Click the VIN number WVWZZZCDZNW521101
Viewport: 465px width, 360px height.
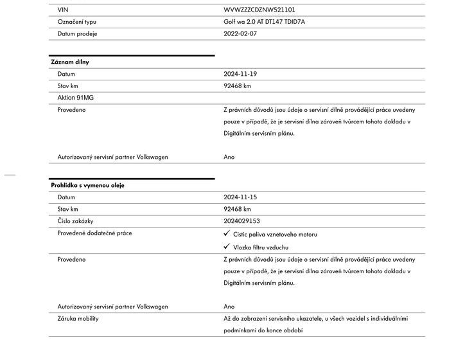[x=259, y=10]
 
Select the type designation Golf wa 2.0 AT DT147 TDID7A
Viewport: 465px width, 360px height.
[x=265, y=22]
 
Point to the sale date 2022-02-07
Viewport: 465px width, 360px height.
[x=240, y=33]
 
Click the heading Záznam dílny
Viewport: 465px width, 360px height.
[x=70, y=62]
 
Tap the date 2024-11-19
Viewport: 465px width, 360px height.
[x=240, y=74]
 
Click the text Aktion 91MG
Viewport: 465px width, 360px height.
[x=75, y=98]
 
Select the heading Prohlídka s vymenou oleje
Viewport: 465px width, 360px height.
[x=88, y=185]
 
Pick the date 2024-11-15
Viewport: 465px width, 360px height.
[x=240, y=197]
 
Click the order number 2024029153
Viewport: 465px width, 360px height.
[x=242, y=221]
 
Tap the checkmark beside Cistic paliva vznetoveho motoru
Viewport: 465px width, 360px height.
[x=227, y=234]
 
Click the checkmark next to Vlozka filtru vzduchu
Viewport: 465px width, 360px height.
[x=227, y=247]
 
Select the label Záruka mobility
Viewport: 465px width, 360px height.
[x=78, y=318]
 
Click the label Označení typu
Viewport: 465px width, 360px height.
[x=76, y=22]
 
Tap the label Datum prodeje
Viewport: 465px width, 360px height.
[x=77, y=33]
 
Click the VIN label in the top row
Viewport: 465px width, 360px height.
[x=62, y=10]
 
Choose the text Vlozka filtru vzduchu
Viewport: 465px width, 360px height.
[x=260, y=248]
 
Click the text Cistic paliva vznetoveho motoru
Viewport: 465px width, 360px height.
[x=275, y=235]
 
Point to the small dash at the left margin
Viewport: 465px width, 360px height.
[x=10, y=174]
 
